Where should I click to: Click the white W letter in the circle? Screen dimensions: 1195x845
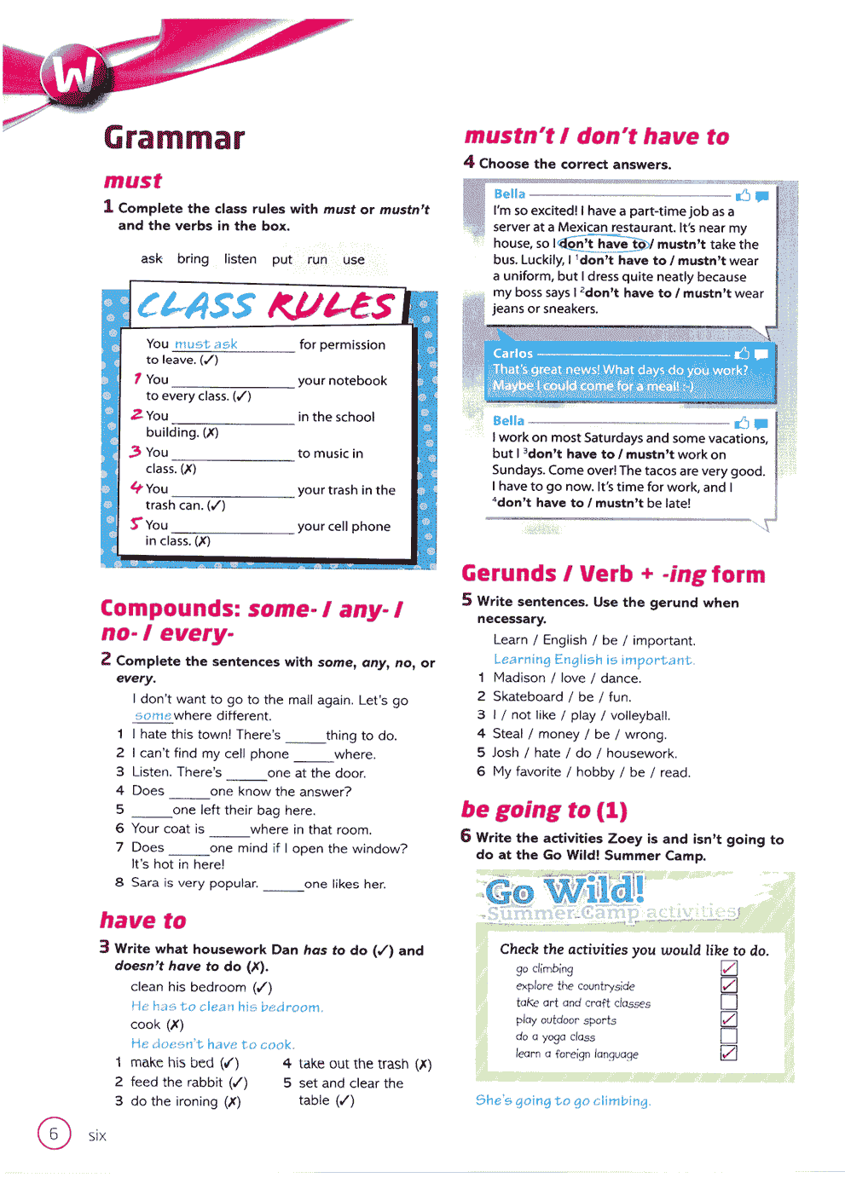click(75, 74)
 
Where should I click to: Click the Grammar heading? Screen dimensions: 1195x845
click(174, 138)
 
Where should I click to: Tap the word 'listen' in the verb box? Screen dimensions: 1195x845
click(240, 259)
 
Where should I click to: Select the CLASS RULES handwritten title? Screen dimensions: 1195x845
click(266, 305)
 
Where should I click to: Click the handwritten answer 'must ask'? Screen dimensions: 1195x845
click(205, 344)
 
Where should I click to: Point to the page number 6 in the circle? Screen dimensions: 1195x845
click(54, 1134)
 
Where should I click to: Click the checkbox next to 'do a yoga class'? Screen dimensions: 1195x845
click(728, 1036)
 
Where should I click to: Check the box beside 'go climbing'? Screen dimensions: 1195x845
click(728, 968)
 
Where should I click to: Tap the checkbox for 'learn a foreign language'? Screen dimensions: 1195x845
click(728, 1054)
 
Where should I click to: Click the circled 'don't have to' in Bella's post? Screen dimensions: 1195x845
click(603, 244)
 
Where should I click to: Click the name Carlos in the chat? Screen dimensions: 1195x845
click(512, 354)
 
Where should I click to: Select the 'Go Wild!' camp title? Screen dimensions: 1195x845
click(564, 892)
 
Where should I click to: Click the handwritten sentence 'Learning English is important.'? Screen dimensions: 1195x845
click(593, 660)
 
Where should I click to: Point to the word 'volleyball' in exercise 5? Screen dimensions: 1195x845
click(640, 715)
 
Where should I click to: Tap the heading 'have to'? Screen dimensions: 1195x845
click(142, 921)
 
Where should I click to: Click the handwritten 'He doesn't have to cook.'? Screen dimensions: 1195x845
click(212, 1044)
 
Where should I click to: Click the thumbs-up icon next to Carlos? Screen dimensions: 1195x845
click(742, 354)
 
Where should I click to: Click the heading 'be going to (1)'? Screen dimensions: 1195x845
click(544, 810)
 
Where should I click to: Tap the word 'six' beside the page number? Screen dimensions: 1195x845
click(97, 1135)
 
